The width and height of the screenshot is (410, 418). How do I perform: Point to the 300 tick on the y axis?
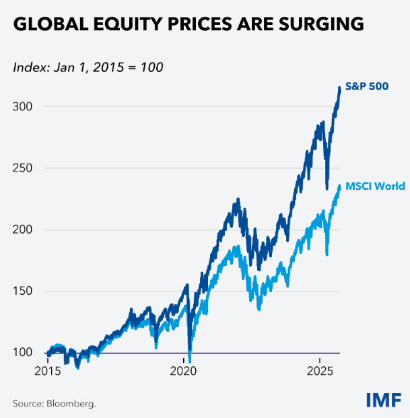23,106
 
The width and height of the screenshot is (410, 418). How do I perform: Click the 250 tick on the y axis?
23,168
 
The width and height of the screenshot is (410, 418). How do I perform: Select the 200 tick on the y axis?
23,230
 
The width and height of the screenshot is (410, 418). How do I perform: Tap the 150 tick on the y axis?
23,291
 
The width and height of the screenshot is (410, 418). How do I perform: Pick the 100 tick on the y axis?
23,353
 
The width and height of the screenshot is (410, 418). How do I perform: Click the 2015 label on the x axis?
47,370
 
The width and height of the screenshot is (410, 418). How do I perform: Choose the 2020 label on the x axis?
184,370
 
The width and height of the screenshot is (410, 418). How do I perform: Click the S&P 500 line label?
367,88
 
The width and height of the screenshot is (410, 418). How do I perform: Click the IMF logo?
383,400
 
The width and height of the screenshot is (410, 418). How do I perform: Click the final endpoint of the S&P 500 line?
339,88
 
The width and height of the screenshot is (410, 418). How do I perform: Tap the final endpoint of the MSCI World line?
339,186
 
